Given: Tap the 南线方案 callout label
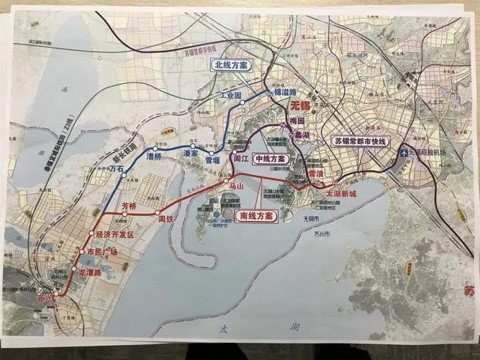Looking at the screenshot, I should (x=256, y=215).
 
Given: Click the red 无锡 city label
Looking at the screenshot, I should (x=302, y=104).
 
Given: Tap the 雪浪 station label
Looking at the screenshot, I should (x=316, y=174).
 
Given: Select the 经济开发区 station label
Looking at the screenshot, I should (x=115, y=235).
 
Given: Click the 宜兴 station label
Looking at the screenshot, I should (x=45, y=297).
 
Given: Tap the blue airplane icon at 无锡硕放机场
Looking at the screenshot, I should (x=404, y=153).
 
